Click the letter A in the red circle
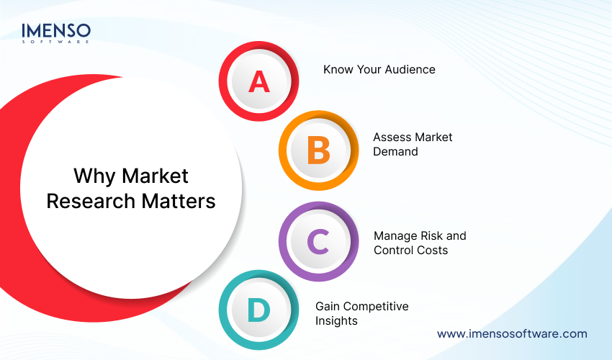pyautogui.click(x=258, y=81)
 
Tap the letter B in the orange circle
pyautogui.click(x=318, y=151)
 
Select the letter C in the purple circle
pyautogui.click(x=318, y=242)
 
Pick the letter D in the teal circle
pyautogui.click(x=258, y=312)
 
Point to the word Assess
pyautogui.click(x=392, y=137)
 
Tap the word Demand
pyautogui.click(x=395, y=152)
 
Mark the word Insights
pyautogui.click(x=336, y=321)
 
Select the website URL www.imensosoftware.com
pyautogui.click(x=512, y=333)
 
